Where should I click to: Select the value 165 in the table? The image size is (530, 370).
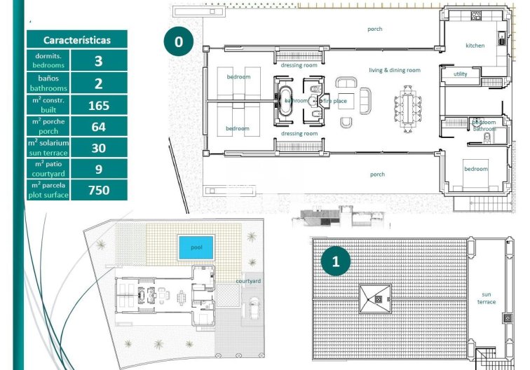coord(98,106)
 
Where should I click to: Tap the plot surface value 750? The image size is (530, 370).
coord(98,190)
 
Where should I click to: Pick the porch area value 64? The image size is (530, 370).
coord(98,127)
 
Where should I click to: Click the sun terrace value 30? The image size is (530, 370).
coord(98,148)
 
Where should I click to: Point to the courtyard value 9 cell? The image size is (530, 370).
coord(98,169)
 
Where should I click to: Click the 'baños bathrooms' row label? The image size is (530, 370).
coord(48,84)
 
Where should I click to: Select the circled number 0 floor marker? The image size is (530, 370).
coord(178,42)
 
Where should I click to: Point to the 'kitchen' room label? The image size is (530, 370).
coord(475,46)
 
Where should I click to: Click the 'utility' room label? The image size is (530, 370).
coord(460,74)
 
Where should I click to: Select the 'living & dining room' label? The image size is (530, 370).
coord(395,70)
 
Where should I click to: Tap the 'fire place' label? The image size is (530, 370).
coord(334,101)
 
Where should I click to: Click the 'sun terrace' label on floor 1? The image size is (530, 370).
coord(487,298)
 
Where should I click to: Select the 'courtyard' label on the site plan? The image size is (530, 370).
coord(247,281)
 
